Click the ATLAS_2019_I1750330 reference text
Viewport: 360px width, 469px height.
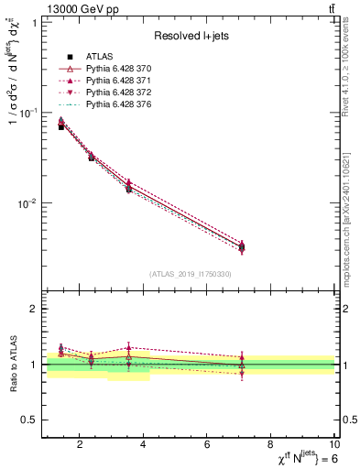[x=190, y=274]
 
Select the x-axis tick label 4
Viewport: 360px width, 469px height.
[x=145, y=446]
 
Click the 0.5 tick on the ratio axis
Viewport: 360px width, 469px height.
[x=30, y=420]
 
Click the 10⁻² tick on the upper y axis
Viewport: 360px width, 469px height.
[x=27, y=203]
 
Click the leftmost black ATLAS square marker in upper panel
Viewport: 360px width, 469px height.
[x=61, y=126]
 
